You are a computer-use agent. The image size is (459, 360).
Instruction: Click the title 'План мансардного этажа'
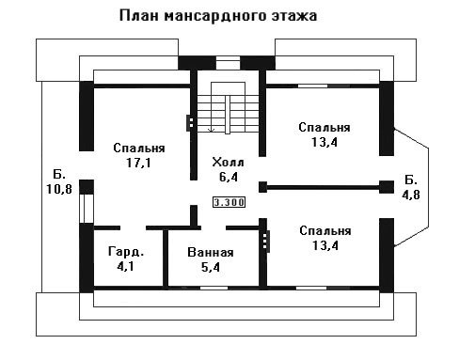(218, 16)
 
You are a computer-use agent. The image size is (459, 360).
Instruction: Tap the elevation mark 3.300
(229, 202)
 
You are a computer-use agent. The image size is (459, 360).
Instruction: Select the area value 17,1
(138, 163)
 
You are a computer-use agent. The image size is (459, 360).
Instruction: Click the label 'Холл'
(228, 163)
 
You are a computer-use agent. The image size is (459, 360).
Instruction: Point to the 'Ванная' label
(211, 252)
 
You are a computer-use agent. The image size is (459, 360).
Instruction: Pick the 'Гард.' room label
(126, 252)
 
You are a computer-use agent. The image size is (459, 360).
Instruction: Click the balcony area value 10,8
(59, 189)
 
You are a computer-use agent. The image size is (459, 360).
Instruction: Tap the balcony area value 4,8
(411, 195)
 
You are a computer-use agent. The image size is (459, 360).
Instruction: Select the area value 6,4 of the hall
(229, 177)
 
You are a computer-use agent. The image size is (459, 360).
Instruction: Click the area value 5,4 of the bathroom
(211, 267)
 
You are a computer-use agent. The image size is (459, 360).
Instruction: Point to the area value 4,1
(125, 266)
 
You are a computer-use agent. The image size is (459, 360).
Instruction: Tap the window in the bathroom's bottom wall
(214, 288)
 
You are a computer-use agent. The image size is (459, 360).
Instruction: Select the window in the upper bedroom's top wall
(312, 86)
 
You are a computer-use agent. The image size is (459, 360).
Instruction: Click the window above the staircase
(229, 63)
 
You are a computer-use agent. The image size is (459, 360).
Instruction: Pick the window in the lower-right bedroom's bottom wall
(311, 288)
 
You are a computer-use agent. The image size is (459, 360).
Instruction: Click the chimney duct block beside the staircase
(190, 123)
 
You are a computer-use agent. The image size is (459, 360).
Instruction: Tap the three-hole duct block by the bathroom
(266, 242)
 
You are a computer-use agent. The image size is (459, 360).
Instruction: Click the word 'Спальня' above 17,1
(139, 148)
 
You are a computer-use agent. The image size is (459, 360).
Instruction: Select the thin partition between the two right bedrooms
(323, 188)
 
